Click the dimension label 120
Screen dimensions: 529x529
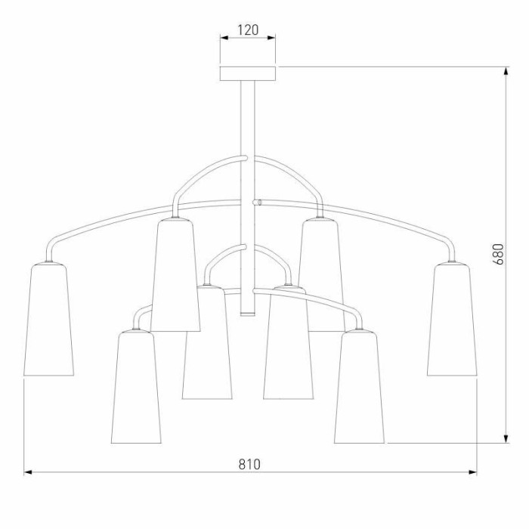point(248,29)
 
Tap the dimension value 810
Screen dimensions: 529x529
point(249,464)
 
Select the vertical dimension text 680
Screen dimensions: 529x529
point(498,254)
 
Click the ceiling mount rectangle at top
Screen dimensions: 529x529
point(248,73)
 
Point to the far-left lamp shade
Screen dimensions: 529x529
point(48,319)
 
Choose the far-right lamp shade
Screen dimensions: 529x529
point(452,319)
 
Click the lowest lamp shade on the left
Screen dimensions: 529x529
point(136,387)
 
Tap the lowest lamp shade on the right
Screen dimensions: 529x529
point(359,387)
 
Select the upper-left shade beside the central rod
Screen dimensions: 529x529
point(175,274)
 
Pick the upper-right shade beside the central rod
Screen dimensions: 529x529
point(322,274)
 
